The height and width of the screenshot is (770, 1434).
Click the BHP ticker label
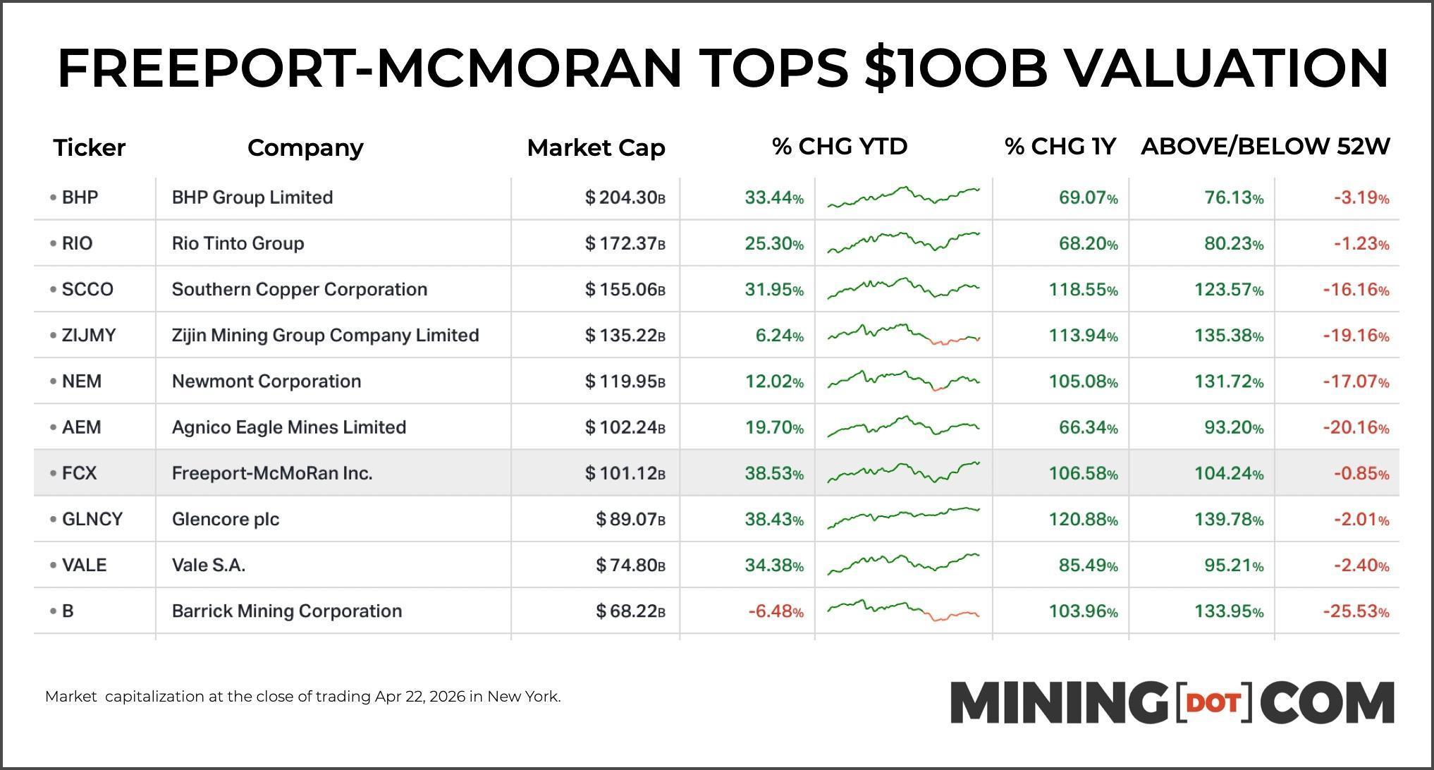[79, 197]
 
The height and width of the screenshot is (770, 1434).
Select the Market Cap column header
[596, 147]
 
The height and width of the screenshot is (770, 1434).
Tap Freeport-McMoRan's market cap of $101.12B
[625, 473]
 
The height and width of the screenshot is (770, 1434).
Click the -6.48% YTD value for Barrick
[776, 611]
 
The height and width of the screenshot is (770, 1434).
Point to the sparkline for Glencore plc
[903, 518]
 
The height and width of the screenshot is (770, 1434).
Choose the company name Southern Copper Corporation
[299, 290]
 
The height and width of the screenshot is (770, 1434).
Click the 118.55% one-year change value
[1083, 290]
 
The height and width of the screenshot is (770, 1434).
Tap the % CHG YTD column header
[839, 147]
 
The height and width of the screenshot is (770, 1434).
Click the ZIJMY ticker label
[88, 336]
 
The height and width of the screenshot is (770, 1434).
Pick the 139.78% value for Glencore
[1228, 520]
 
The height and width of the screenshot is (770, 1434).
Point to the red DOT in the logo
[1214, 703]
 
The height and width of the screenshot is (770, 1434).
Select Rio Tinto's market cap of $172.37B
[625, 244]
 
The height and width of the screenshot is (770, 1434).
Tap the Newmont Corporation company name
[266, 381]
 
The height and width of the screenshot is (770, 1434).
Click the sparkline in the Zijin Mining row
[903, 334]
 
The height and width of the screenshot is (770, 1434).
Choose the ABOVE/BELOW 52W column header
[1265, 147]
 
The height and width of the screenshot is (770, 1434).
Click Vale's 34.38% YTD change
[773, 566]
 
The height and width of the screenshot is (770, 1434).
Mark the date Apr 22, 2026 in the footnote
[419, 697]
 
